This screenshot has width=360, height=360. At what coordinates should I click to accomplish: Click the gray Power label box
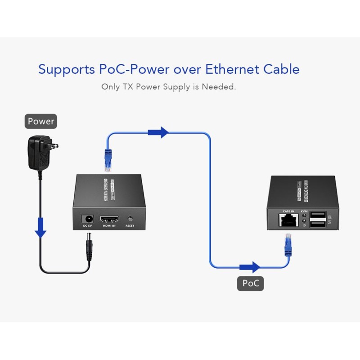coord(41,121)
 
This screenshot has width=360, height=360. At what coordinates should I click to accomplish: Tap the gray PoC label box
coord(250,283)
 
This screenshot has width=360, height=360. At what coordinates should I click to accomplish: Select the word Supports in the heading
coord(67,70)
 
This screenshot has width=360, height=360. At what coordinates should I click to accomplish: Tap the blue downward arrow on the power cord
coord(41,228)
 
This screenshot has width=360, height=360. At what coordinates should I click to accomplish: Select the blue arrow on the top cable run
coord(158,132)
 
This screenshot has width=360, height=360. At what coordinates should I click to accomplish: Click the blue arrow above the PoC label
coord(250,267)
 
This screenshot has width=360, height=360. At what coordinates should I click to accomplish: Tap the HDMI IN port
coord(109,219)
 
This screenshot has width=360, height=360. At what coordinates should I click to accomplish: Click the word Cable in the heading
coord(281,69)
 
